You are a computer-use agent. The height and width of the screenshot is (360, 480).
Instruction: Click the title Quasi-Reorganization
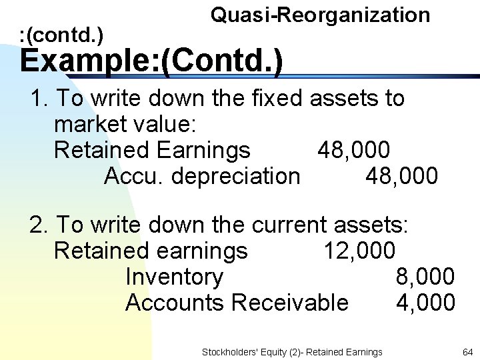pos(320,15)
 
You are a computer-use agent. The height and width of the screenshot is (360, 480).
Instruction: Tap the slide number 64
pos(467,352)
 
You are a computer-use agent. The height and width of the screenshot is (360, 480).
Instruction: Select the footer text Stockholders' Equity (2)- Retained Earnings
pos(292,352)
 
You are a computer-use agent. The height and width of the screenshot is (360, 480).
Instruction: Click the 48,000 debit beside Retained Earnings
pos(353,150)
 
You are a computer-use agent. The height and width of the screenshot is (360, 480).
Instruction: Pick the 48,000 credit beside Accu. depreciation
pos(401,176)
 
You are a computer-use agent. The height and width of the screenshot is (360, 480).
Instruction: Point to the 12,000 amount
pos(359,251)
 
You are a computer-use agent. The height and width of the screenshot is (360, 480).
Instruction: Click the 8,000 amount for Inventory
pos(425,276)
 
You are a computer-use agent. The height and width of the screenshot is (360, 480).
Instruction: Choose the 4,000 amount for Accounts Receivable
pos(425,303)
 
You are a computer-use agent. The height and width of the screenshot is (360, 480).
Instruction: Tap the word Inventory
pos(174,277)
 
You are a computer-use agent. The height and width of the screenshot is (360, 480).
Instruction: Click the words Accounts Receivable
pos(237,303)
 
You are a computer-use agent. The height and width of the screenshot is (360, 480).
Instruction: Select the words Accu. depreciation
pos(202,176)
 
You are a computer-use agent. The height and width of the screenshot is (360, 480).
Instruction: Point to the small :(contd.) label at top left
pos(61,31)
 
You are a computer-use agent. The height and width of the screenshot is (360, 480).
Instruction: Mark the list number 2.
pos(37,225)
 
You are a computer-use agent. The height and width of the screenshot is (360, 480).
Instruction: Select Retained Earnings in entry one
pos(152,150)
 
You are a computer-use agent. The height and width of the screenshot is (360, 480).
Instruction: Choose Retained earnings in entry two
pos(151,251)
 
